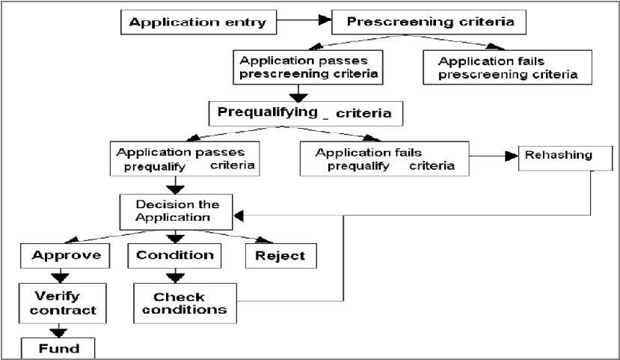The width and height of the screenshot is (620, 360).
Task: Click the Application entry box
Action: click(x=197, y=22)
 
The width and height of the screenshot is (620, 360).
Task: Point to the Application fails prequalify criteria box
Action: click(x=384, y=159)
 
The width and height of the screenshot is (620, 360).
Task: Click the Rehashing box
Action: click(x=558, y=156)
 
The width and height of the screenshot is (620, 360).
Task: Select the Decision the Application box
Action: click(x=177, y=211)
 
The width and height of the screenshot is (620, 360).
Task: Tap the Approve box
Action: click(x=66, y=255)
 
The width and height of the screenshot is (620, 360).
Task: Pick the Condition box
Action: click(x=175, y=255)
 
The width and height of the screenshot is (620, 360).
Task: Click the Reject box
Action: click(x=280, y=256)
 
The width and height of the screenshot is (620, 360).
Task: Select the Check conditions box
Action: click(x=179, y=303)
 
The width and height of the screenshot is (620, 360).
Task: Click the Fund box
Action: click(x=59, y=348)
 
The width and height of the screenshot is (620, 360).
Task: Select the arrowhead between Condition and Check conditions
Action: click(x=175, y=277)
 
